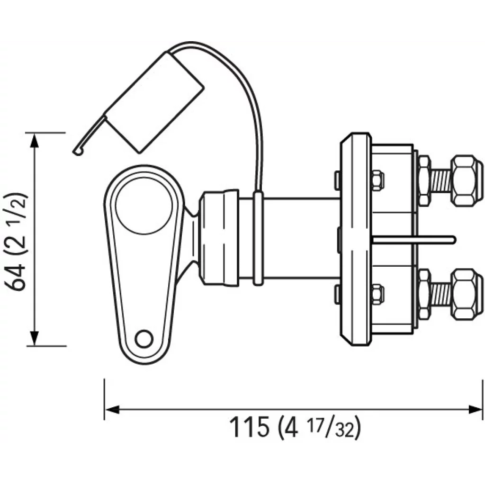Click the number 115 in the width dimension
coord(249,427)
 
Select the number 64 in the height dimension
coord(16,276)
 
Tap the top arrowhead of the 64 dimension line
coord(34,141)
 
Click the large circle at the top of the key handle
coord(144,205)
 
